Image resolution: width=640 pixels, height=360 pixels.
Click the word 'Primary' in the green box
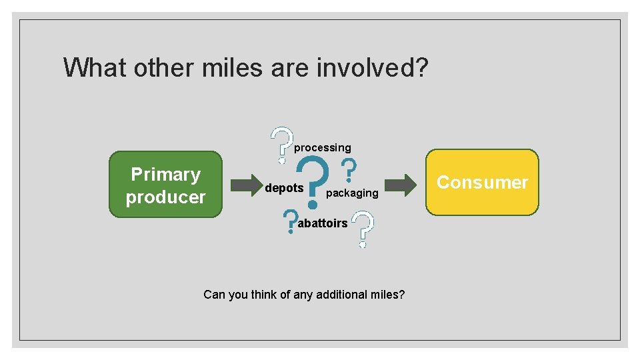(165, 175)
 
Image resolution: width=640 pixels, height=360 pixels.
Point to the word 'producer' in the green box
(165, 197)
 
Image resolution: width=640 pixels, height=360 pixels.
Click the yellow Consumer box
(482, 182)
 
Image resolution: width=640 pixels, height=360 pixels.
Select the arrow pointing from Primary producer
(247, 184)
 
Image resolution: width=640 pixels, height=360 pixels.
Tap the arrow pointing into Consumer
(401, 185)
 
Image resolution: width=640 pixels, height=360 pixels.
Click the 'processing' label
(323, 147)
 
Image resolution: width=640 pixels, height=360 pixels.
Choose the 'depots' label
(284, 188)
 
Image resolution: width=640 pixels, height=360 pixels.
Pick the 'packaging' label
(352, 193)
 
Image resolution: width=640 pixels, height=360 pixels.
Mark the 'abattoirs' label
(323, 223)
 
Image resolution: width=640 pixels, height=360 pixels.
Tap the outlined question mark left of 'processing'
(283, 144)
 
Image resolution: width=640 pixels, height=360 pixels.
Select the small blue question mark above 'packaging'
(348, 170)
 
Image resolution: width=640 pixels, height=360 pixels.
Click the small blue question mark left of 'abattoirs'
(290, 222)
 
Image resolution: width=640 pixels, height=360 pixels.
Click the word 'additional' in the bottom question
(341, 294)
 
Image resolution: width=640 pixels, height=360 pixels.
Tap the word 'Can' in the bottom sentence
(214, 294)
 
